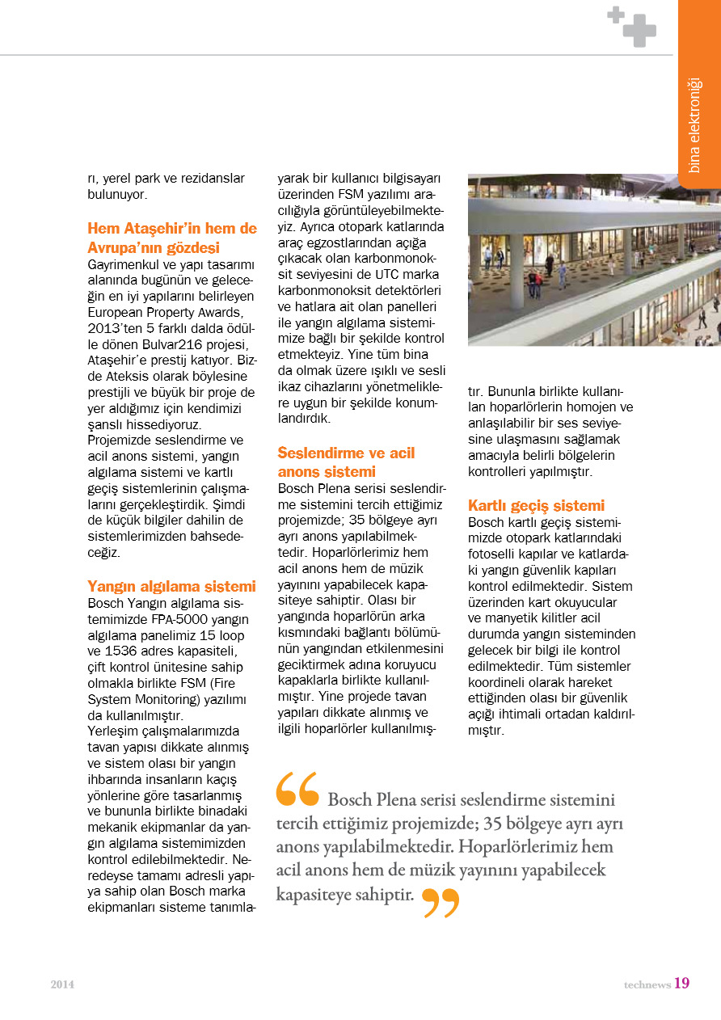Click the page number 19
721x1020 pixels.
pos(681,983)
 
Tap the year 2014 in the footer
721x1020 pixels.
pos(62,984)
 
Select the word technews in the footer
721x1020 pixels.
pos(647,984)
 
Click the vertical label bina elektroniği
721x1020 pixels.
pos(694,124)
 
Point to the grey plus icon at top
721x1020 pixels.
pos(632,26)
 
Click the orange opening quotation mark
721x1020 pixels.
pos(297,790)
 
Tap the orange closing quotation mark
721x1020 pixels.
pos(441,902)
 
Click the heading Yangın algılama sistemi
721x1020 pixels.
pos(171,587)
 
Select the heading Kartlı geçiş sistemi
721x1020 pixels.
pos(536,506)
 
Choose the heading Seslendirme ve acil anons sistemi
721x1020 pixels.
pos(346,462)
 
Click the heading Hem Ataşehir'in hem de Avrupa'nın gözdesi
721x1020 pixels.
pos(171,238)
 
